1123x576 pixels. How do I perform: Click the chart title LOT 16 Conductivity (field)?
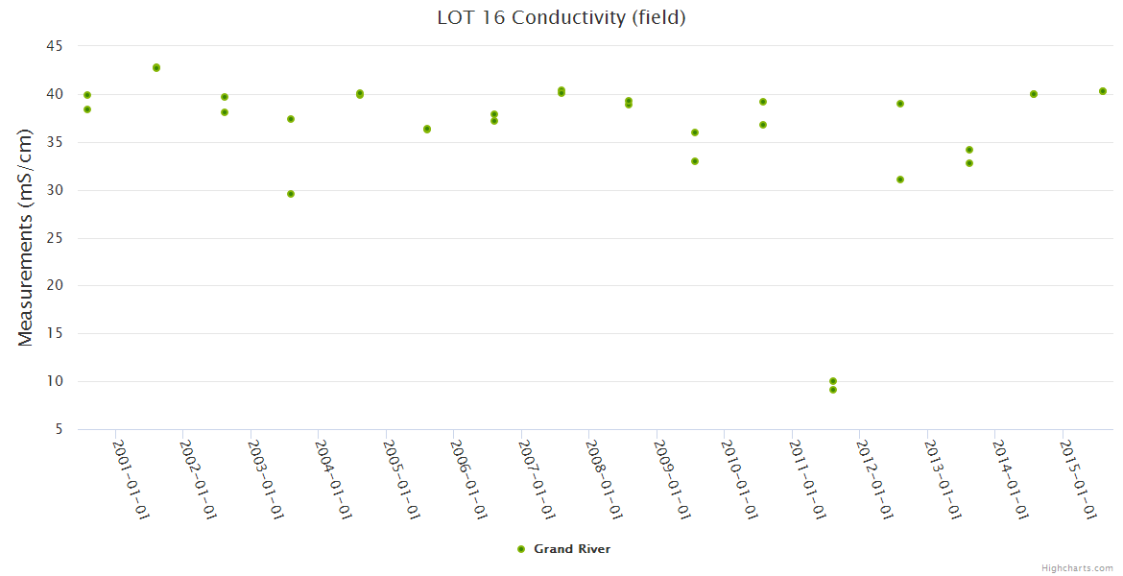pos(561,17)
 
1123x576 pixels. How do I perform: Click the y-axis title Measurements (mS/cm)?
pos(26,237)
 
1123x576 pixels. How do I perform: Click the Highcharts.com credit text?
pos(1077,568)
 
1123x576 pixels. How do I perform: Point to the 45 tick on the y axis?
pos(54,46)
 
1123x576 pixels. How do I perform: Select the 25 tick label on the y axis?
pos(54,238)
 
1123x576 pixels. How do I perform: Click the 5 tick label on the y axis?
pos(59,429)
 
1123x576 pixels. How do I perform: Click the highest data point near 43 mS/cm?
pos(156,68)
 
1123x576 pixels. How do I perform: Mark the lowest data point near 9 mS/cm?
pos(833,390)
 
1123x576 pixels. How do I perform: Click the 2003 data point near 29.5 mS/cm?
pos(291,194)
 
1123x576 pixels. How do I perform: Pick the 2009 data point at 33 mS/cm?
pos(695,161)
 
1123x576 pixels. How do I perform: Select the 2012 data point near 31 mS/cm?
pos(900,180)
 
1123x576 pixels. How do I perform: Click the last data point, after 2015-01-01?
pos(1103,91)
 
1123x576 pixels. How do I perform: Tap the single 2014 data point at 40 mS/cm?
pos(1034,94)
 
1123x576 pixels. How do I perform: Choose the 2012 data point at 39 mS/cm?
pos(900,104)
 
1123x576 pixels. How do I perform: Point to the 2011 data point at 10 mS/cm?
pos(833,381)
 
